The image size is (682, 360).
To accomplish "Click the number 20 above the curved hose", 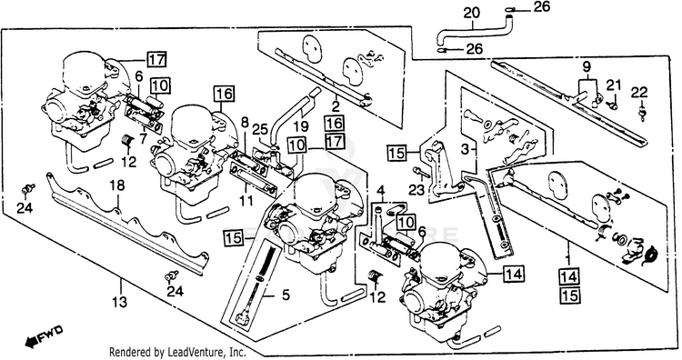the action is [x=471, y=13].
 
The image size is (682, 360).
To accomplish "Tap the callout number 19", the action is [x=301, y=127].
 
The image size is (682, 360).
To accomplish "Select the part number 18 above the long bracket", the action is [x=117, y=185].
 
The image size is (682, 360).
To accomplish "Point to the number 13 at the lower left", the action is [x=120, y=301].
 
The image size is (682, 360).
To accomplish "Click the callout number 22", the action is [x=640, y=93].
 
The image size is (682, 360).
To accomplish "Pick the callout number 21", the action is [x=614, y=86].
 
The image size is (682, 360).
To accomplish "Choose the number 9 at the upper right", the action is [x=587, y=67].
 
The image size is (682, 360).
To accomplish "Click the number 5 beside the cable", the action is [x=286, y=295].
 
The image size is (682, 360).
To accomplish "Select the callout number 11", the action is [x=246, y=202].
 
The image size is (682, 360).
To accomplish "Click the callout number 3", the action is [x=466, y=150].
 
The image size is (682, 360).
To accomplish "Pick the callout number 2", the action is [x=336, y=105].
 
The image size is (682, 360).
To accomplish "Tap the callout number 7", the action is [x=144, y=140].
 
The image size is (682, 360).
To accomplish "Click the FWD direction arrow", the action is [x=44, y=336].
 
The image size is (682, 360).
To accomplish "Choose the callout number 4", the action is [x=381, y=191].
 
